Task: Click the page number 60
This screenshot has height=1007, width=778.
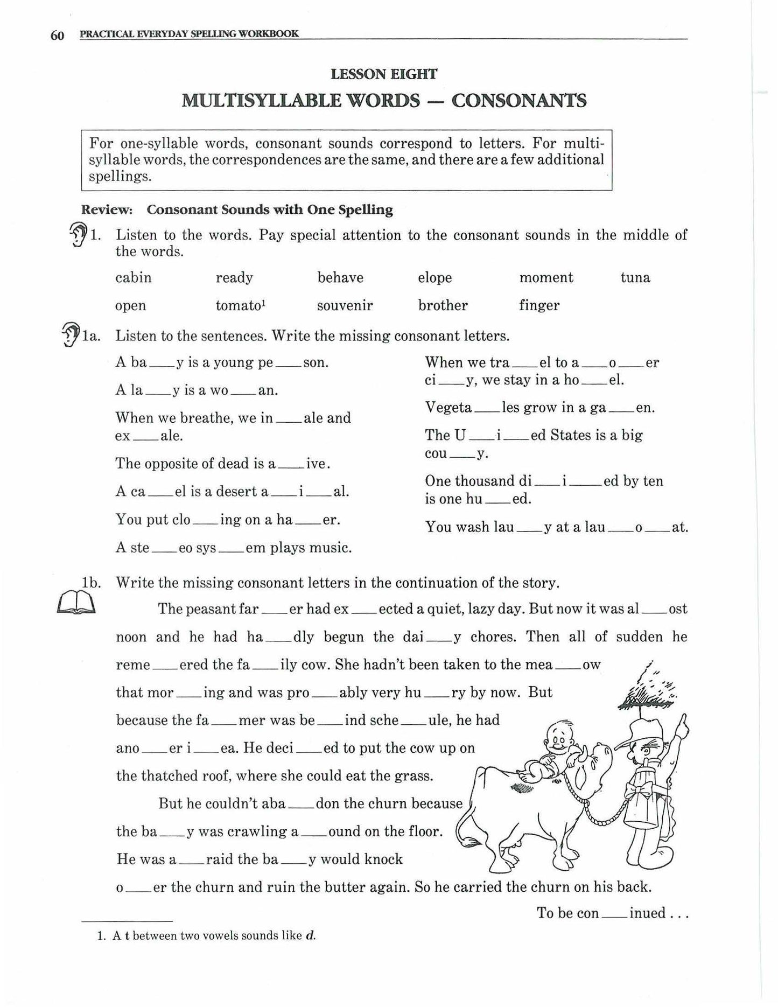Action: pyautogui.click(x=57, y=36)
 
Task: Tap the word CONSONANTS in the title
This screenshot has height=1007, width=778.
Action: pyautogui.click(x=518, y=101)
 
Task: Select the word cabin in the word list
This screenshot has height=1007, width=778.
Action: pyautogui.click(x=133, y=278)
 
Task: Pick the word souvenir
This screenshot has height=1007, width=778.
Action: pyautogui.click(x=345, y=306)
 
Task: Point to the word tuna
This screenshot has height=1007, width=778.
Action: pyautogui.click(x=635, y=278)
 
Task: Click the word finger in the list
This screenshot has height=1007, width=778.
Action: pyautogui.click(x=539, y=306)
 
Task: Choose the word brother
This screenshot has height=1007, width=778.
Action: pyautogui.click(x=443, y=306)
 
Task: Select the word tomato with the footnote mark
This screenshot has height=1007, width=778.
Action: pyautogui.click(x=240, y=306)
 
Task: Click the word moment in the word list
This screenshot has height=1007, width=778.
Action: pyautogui.click(x=546, y=278)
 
